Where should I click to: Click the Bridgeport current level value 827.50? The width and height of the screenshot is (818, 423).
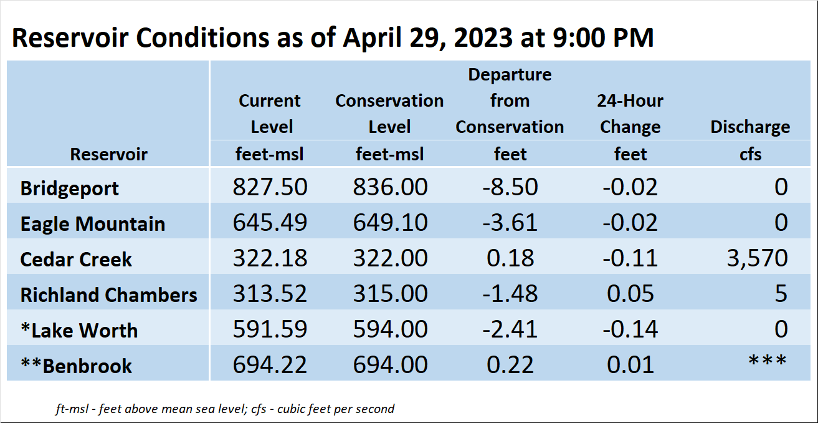click(270, 187)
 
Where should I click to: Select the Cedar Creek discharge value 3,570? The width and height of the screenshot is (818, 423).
click(757, 258)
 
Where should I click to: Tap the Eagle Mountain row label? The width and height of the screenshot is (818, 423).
click(93, 224)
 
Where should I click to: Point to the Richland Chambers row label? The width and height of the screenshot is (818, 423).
click(108, 295)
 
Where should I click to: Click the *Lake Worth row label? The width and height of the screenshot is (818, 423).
click(79, 330)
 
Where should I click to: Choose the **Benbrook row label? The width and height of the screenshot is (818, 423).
click(77, 366)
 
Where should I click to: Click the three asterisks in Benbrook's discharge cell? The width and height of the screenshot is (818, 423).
click(768, 361)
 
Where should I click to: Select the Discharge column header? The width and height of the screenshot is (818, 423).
click(750, 127)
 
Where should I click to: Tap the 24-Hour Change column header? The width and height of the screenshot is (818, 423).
click(630, 114)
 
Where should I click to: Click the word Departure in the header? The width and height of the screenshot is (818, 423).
click(510, 75)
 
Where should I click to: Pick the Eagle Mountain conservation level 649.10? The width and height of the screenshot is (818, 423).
click(390, 222)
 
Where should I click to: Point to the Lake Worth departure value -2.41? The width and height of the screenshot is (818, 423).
click(510, 329)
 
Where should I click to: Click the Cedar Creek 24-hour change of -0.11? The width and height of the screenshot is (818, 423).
click(630, 258)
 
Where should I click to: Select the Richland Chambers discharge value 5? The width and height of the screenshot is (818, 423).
click(781, 294)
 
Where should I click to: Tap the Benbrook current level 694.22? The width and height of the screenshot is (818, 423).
click(270, 364)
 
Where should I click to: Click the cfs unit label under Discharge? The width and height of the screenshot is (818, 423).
click(751, 154)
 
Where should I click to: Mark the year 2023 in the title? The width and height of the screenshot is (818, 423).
click(483, 37)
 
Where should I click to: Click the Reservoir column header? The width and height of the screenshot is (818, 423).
click(109, 154)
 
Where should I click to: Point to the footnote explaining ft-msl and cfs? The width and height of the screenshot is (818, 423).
click(225, 409)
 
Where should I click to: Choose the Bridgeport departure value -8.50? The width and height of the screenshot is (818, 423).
click(510, 187)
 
